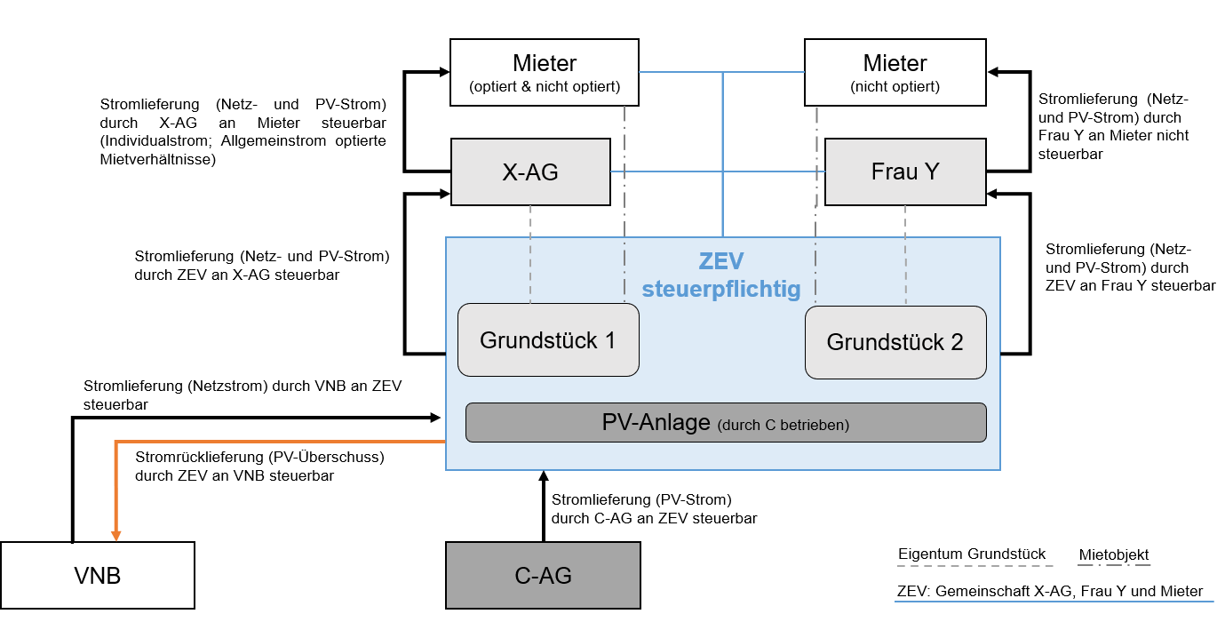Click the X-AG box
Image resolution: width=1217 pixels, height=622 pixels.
click(x=530, y=172)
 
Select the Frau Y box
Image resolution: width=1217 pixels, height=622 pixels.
click(x=904, y=172)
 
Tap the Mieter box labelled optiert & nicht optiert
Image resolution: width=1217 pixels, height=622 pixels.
click(x=544, y=73)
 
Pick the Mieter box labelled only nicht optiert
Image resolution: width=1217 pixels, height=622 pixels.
click(x=895, y=73)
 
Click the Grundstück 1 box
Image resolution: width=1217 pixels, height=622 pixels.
click(x=548, y=340)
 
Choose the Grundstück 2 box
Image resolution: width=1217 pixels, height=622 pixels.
click(x=895, y=342)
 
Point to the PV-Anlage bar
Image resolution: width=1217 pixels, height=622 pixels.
click(x=726, y=423)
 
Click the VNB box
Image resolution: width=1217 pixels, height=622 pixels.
click(x=98, y=576)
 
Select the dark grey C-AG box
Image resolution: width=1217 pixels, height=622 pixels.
click(x=543, y=576)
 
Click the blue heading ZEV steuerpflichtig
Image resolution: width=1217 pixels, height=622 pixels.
click(x=720, y=275)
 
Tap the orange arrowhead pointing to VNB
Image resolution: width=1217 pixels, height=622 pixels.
click(x=116, y=533)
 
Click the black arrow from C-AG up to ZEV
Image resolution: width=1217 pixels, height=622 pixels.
click(x=543, y=506)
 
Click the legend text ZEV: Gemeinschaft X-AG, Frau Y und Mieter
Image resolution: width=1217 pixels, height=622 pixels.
click(x=1049, y=592)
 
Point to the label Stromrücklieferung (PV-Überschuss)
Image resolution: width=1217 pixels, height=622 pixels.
click(x=259, y=458)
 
